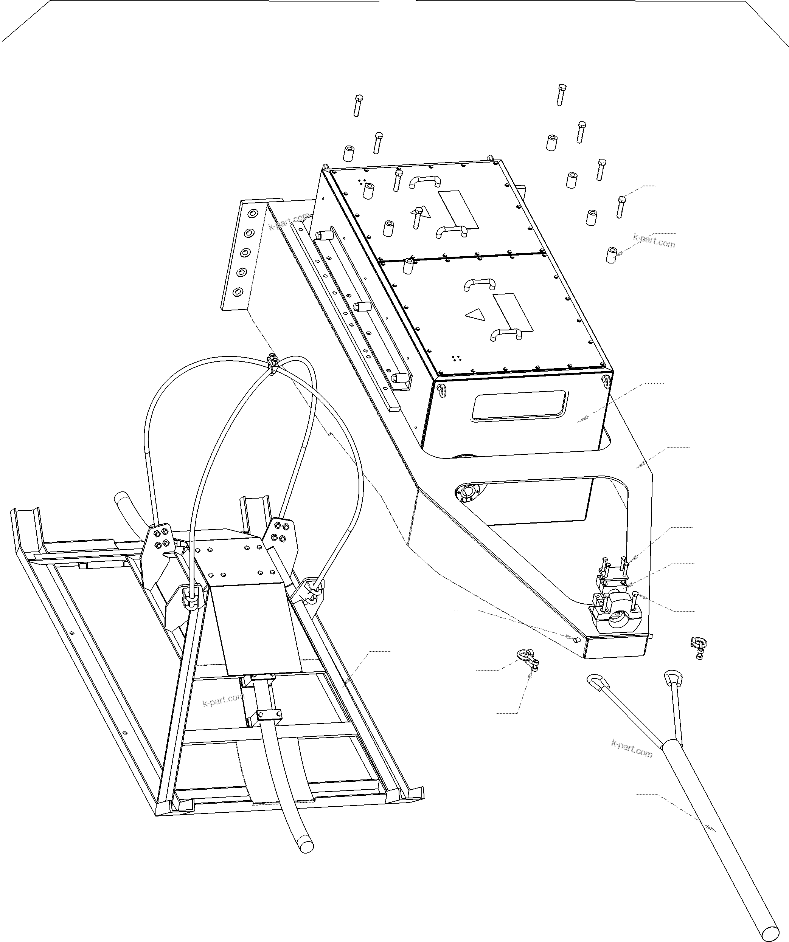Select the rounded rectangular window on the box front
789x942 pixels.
[x=519, y=405]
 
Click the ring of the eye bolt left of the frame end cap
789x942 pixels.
[x=523, y=655]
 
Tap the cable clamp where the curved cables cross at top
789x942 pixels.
[x=272, y=361]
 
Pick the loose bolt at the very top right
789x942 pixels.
[x=561, y=94]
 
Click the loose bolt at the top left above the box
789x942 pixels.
[x=358, y=105]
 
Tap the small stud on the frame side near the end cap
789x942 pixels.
[x=577, y=639]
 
